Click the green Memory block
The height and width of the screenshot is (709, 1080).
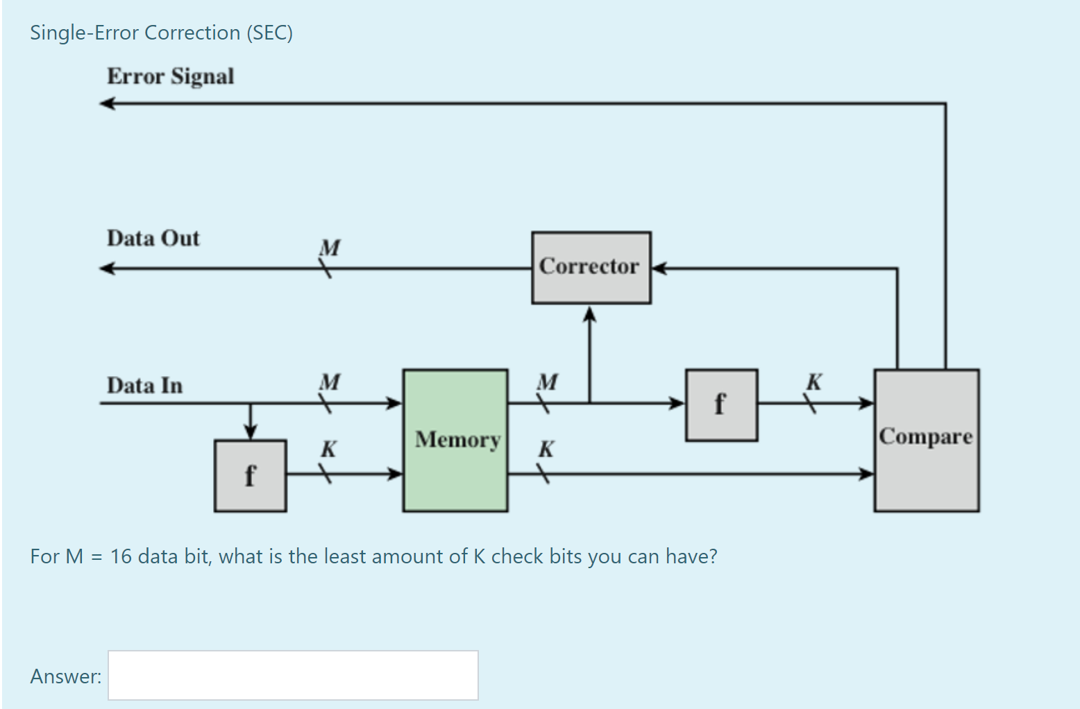coord(455,441)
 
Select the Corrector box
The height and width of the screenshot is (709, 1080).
coord(591,267)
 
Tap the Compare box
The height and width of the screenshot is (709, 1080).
coord(926,440)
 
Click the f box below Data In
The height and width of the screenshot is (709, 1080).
coord(250,476)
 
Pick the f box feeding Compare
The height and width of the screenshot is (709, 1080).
coord(721,404)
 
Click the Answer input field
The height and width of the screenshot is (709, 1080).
coord(293,675)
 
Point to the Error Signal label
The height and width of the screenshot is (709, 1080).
coord(170,76)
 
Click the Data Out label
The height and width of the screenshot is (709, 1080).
coord(153,238)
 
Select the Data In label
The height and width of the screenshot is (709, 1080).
coord(144,385)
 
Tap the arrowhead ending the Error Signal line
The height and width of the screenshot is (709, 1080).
coord(106,103)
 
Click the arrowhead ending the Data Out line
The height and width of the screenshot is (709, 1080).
coord(106,268)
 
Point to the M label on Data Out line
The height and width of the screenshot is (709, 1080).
coord(330,248)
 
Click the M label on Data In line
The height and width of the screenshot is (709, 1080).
coord(330,382)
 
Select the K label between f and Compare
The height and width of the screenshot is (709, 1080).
coord(813,382)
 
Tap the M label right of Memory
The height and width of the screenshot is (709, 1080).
coord(547,382)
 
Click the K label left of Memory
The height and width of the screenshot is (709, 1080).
coord(328,449)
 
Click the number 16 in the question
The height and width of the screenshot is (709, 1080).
coord(121,556)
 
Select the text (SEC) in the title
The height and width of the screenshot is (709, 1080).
coord(269,33)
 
